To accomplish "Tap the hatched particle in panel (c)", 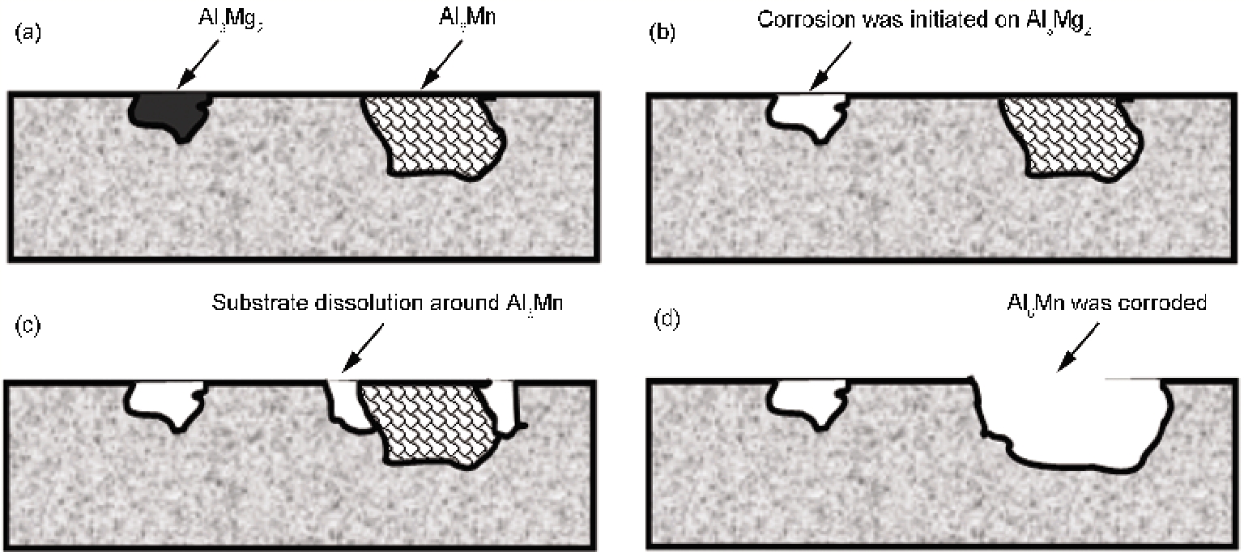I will pyautogui.click(x=429, y=424).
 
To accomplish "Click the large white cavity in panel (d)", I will pyautogui.click(x=1069, y=421).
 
